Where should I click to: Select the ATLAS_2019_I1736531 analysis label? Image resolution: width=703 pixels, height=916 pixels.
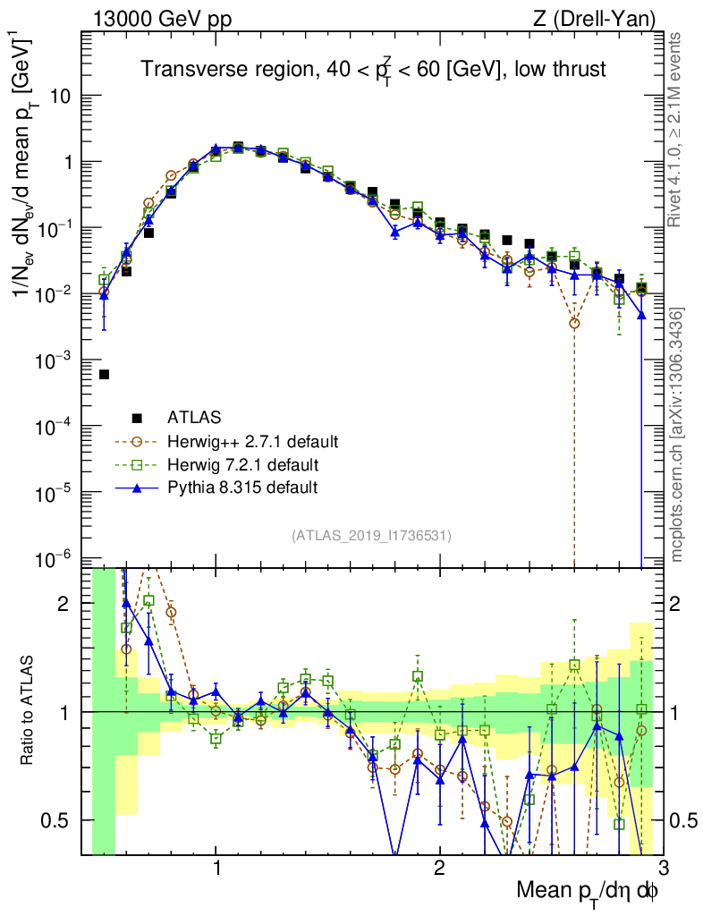[x=371, y=536]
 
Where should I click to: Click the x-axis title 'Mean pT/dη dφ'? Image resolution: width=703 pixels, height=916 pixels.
[x=589, y=890]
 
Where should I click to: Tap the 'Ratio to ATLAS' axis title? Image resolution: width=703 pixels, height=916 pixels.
[x=30, y=711]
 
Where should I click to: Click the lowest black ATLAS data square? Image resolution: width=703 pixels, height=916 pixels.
[x=104, y=375]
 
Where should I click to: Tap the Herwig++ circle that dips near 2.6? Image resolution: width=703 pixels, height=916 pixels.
[x=574, y=323]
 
